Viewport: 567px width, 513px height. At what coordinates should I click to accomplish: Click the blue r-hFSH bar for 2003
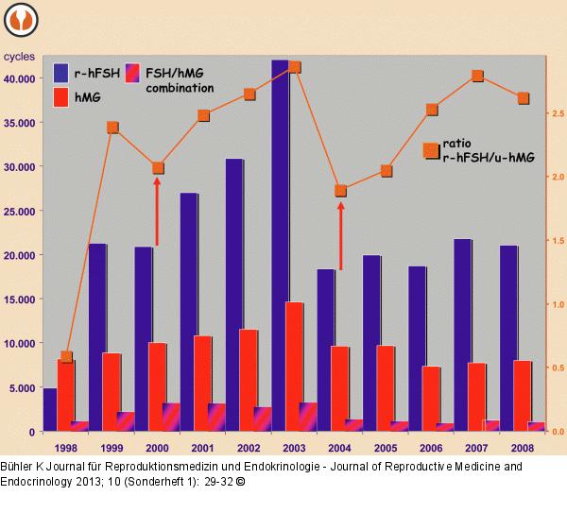pyautogui.click(x=280, y=246)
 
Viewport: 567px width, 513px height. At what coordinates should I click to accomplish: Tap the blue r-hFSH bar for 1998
pyautogui.click(x=49, y=410)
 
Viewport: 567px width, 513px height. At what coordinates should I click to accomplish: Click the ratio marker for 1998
pyautogui.click(x=66, y=357)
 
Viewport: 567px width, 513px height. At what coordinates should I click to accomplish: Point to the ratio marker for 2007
pyautogui.click(x=478, y=76)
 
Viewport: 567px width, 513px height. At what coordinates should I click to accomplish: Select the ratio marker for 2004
pyautogui.click(x=341, y=191)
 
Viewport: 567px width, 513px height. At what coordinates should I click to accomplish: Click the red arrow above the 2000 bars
pyautogui.click(x=157, y=211)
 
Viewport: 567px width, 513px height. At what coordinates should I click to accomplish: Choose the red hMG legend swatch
pyautogui.click(x=61, y=95)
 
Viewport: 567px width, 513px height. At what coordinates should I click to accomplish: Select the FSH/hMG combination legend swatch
pyautogui.click(x=134, y=73)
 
